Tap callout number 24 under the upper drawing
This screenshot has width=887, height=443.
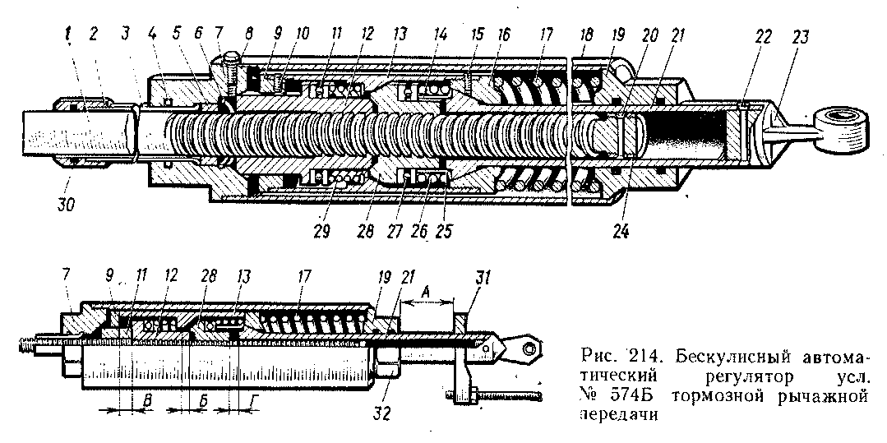[x=621, y=232]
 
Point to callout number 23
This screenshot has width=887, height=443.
[x=801, y=38]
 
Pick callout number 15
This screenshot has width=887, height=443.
[x=478, y=35]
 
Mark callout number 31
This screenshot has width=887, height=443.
[x=484, y=277]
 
